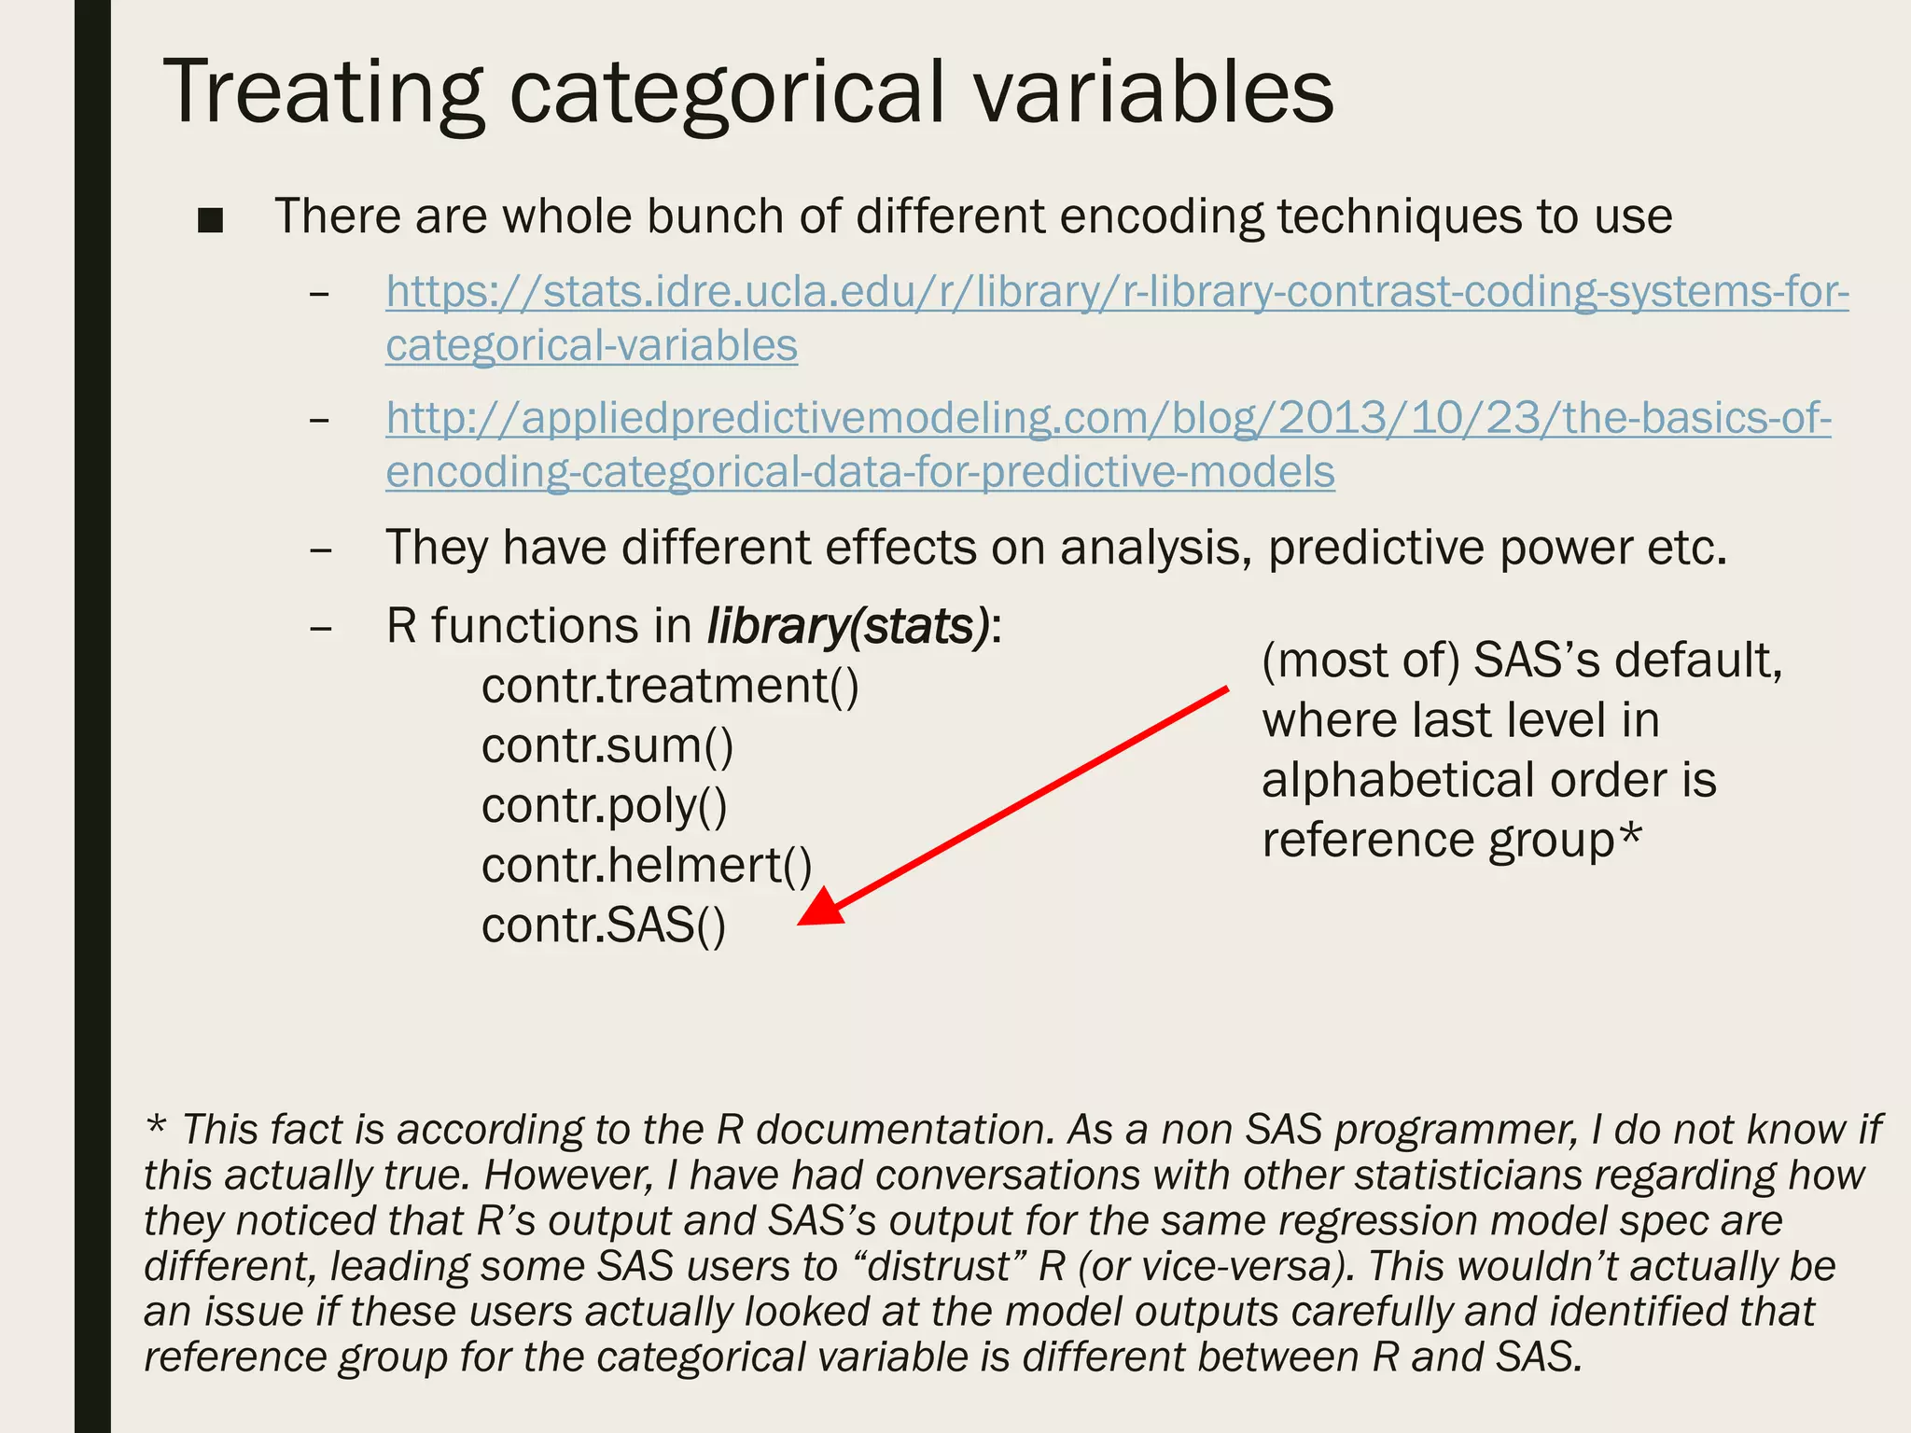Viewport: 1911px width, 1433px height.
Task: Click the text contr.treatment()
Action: point(670,687)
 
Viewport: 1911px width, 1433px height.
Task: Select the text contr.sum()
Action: point(607,746)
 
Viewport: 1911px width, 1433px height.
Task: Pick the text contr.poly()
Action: point(604,807)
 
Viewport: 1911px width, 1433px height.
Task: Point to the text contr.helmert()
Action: point(647,866)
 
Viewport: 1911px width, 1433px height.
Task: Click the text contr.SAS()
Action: point(603,926)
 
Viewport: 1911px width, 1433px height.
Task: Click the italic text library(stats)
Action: point(847,626)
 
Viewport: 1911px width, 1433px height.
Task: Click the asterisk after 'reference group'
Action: point(1629,833)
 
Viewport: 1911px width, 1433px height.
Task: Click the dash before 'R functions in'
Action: point(321,629)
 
